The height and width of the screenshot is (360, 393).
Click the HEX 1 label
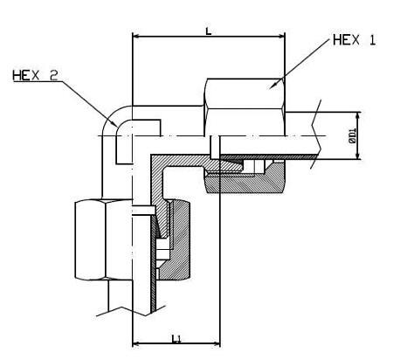pos(355,40)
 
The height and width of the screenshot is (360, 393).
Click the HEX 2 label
pos(35,76)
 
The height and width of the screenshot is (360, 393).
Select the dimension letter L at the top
pos(209,31)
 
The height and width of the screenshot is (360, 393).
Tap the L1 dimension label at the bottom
pos(176,338)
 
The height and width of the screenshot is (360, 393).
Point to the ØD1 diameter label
pos(353,135)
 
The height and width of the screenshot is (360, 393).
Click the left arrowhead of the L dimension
pos(136,37)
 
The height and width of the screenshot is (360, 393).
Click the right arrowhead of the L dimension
pos(281,37)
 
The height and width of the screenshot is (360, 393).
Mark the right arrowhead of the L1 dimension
pos(217,344)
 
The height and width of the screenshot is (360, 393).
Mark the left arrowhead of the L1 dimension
pos(136,344)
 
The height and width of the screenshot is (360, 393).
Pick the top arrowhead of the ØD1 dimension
pos(357,115)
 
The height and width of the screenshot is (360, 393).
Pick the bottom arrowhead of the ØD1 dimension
pos(357,156)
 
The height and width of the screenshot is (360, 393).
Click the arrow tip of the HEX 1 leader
pos(268,88)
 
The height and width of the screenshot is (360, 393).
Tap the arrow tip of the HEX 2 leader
pos(118,127)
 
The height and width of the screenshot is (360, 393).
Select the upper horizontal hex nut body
pos(245,107)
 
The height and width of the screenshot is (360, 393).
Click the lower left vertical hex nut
pos(104,239)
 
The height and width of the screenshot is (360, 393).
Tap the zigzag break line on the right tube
pos(316,134)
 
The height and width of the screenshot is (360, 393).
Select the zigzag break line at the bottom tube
pos(131,311)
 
